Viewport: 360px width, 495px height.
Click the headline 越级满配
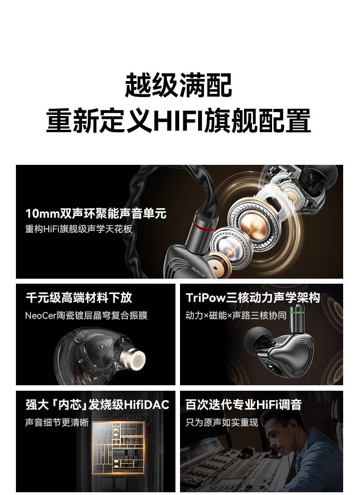click(x=179, y=85)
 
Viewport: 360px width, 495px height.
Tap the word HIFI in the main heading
click(x=178, y=120)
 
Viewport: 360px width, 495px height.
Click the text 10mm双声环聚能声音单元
click(x=96, y=214)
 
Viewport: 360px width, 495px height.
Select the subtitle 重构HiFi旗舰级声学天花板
click(x=79, y=229)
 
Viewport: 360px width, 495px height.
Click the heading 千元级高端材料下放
click(x=79, y=298)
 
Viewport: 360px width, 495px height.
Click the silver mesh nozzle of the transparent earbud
click(x=137, y=359)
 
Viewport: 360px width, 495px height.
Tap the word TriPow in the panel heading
click(x=206, y=298)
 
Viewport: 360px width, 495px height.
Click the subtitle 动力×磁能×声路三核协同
click(x=236, y=316)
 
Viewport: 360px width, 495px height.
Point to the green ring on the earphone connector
click(x=298, y=313)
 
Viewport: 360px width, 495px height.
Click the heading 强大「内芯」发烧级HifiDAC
click(x=98, y=405)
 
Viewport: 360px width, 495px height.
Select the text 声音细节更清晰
click(x=57, y=423)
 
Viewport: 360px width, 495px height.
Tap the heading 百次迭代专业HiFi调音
click(x=243, y=405)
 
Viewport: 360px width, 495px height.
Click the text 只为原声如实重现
click(x=221, y=423)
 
